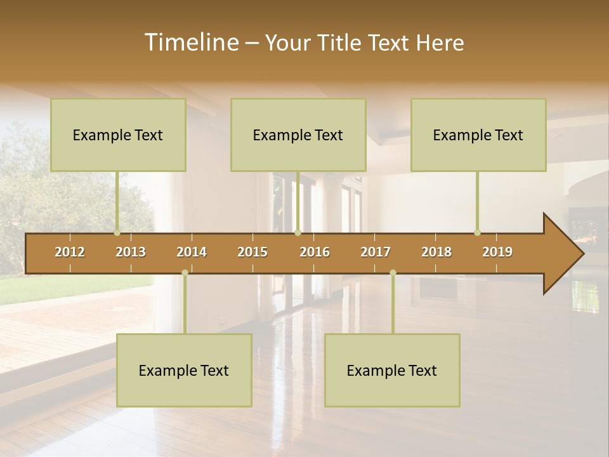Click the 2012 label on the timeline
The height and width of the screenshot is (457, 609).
point(70,252)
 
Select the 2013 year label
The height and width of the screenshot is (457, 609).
point(131,252)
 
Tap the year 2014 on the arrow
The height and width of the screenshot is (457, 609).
point(192,252)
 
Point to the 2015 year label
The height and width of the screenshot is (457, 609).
point(252,252)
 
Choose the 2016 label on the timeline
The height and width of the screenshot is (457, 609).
point(315,252)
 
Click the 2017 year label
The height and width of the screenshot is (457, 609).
point(376,252)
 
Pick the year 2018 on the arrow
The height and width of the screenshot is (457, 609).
point(436,252)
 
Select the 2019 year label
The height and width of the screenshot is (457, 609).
point(497,252)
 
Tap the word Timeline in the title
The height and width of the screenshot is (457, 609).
point(190,43)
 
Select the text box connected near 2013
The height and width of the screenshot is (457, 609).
point(118,135)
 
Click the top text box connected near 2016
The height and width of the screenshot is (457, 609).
point(298,135)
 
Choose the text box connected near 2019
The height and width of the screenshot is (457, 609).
point(478,135)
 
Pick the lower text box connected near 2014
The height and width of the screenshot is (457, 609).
point(184,370)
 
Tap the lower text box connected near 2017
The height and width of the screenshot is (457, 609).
point(392,370)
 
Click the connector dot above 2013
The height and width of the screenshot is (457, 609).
point(117,232)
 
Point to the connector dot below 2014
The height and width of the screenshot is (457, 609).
point(185,272)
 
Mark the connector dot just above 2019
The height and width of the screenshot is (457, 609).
point(477,232)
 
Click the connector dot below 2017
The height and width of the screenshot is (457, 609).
point(393,272)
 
